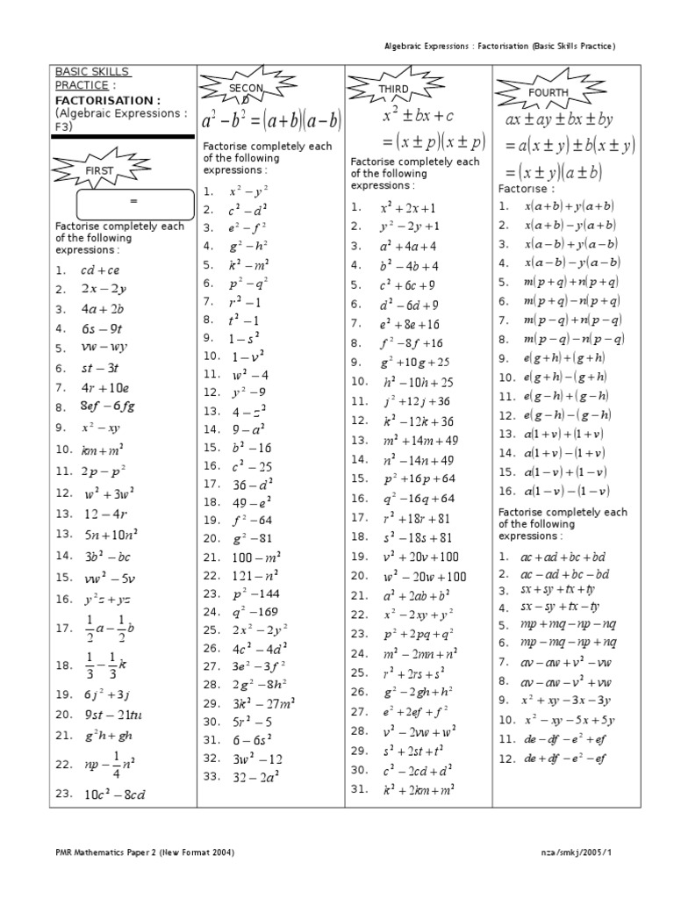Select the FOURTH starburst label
(x=548, y=92)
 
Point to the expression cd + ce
(x=100, y=270)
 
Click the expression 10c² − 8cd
(x=114, y=795)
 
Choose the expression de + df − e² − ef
(x=565, y=758)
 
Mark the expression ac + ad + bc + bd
(x=563, y=557)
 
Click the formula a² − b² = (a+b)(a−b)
(x=271, y=121)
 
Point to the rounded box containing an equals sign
(x=135, y=203)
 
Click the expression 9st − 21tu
(x=112, y=715)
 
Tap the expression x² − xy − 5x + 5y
(x=568, y=720)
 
